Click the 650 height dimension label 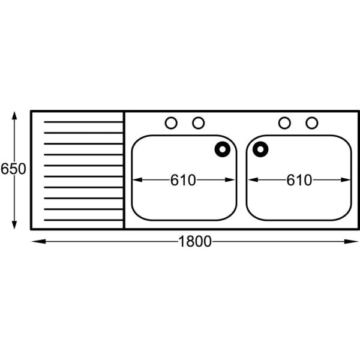pyautogui.click(x=13, y=169)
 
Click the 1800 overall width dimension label pyautogui.click(x=194, y=242)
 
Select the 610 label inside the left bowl pyautogui.click(x=183, y=180)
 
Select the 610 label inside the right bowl pyautogui.click(x=299, y=180)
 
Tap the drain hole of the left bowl pyautogui.click(x=223, y=149)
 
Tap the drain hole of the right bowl pyautogui.click(x=260, y=149)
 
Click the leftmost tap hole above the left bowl pyautogui.click(x=171, y=123)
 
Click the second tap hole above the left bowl pyautogui.click(x=199, y=123)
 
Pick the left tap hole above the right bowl pyautogui.click(x=284, y=123)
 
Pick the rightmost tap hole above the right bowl pyautogui.click(x=312, y=123)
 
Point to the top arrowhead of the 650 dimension pyautogui.click(x=14, y=115)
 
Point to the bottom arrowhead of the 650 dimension pyautogui.click(x=14, y=225)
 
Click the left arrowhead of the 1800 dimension pyautogui.click(x=38, y=242)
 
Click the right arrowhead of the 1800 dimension pyautogui.click(x=351, y=242)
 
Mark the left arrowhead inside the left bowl pyautogui.click(x=137, y=180)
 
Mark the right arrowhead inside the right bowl pyautogui.click(x=346, y=180)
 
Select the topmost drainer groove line pyautogui.click(x=83, y=122)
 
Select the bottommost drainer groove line pyautogui.click(x=83, y=220)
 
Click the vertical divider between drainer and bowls pyautogui.click(x=124, y=170)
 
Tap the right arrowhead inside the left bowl pyautogui.click(x=230, y=180)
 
